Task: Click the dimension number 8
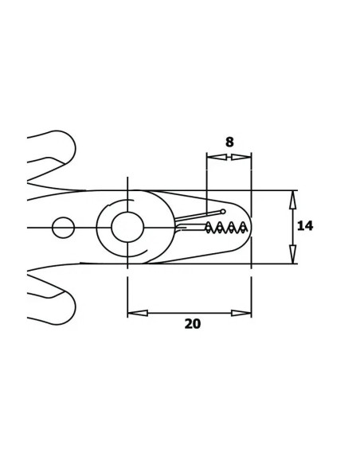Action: (229, 142)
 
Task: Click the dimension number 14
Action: (305, 226)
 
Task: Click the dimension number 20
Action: (193, 324)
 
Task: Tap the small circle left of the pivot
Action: (63, 228)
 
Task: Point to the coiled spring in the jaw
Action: (226, 228)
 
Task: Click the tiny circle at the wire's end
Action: (223, 212)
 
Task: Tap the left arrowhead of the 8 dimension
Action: (217, 157)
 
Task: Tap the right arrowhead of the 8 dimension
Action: (241, 157)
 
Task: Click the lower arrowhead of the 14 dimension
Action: (292, 254)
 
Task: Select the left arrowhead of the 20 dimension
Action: (138, 313)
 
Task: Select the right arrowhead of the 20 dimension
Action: (241, 313)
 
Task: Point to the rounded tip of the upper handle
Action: (75, 148)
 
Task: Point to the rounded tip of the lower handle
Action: (75, 307)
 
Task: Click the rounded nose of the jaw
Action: (251, 226)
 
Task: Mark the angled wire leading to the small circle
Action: (198, 216)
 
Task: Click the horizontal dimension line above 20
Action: (190, 313)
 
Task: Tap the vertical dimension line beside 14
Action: (292, 227)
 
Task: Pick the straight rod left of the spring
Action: (190, 228)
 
